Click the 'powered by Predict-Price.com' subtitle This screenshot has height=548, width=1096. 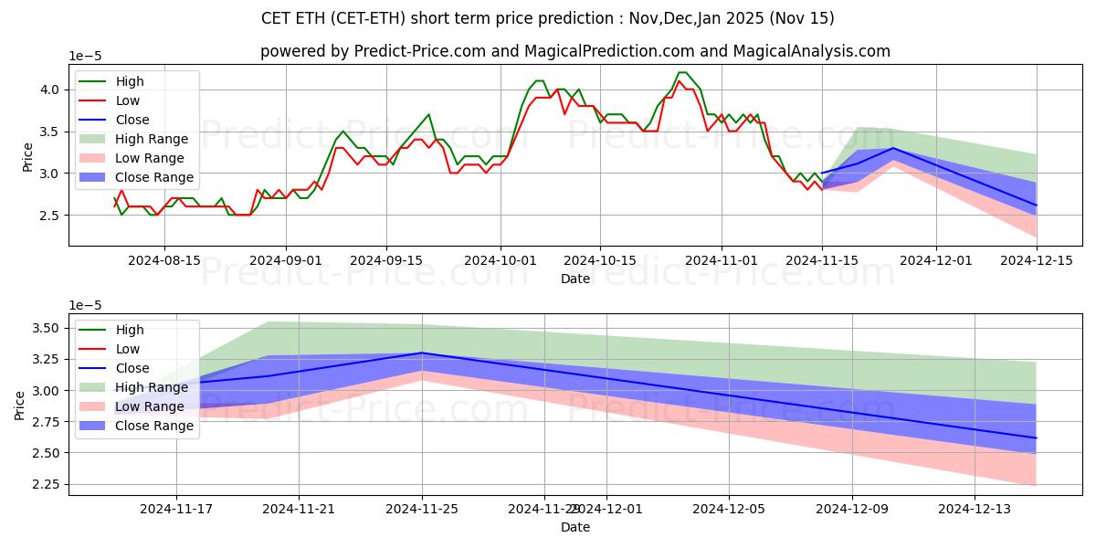pos(574,51)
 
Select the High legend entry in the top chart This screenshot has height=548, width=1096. pos(130,81)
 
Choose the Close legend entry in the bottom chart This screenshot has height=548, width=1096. pos(132,368)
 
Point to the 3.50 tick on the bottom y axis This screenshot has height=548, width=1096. pos(46,328)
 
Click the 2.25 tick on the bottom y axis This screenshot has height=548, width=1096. pos(46,484)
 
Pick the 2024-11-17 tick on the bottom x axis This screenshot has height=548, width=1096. pos(176,510)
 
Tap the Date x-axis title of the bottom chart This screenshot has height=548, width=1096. pos(574,527)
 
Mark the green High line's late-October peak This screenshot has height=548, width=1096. pos(681,73)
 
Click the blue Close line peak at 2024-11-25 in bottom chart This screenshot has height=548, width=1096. pos(422,353)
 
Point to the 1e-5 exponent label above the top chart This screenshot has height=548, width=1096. pos(85,57)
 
